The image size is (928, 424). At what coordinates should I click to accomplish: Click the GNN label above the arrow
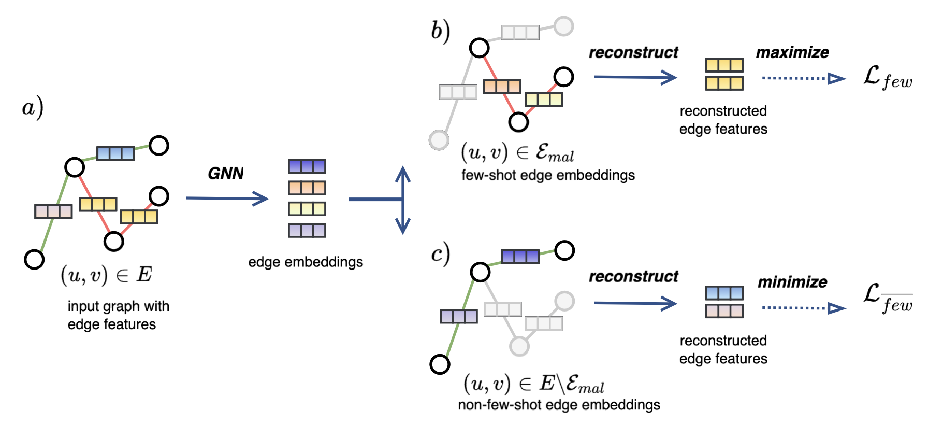coord(226,173)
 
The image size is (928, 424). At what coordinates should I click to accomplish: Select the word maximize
coord(792,52)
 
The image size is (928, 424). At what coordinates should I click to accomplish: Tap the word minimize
coord(792,282)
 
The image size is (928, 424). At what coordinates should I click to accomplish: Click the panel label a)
coord(33,108)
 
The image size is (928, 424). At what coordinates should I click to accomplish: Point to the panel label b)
coord(441,31)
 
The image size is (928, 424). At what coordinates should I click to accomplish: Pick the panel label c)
coord(441,254)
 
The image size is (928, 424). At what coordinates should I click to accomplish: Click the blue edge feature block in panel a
coord(115,153)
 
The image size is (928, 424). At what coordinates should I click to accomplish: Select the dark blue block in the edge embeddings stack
coord(307,166)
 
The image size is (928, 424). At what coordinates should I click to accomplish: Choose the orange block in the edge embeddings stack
coord(307,188)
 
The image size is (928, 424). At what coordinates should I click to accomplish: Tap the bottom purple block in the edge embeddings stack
coord(307,230)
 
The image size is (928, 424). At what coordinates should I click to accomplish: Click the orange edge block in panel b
coord(502,87)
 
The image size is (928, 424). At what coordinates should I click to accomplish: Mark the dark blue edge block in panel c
coord(520,257)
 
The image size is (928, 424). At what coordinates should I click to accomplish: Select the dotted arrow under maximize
coord(803,79)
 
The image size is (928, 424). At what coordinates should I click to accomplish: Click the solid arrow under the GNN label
coord(227,198)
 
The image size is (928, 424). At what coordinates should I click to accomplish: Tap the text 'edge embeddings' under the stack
coord(306,262)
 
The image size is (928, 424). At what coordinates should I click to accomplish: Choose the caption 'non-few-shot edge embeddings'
coord(559,405)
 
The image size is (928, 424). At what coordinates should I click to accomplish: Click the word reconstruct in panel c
coord(633,277)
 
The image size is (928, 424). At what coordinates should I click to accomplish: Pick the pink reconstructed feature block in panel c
coord(724,311)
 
